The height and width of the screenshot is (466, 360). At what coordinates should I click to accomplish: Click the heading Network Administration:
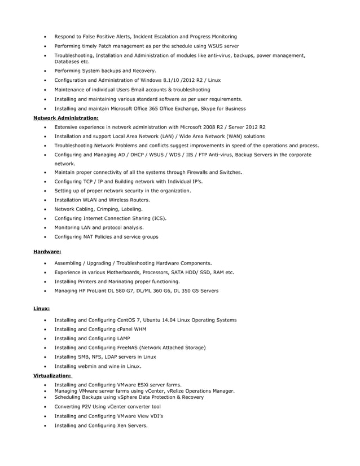pyautogui.click(x=65, y=118)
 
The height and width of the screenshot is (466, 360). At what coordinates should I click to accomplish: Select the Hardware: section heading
pyautogui.click(x=47, y=252)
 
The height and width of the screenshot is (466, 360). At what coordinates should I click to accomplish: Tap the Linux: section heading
pyautogui.click(x=41, y=309)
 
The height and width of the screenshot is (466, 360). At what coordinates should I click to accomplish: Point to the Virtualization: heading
pyautogui.click(x=52, y=375)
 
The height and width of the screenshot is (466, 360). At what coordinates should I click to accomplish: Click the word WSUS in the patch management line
pyautogui.click(x=210, y=46)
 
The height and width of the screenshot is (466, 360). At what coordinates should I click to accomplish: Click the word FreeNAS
pyautogui.click(x=126, y=348)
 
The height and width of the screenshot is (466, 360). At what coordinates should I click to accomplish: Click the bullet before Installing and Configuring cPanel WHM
pyautogui.click(x=45, y=329)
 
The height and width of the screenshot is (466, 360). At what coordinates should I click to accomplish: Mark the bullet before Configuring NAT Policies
pyautogui.click(x=45, y=237)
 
